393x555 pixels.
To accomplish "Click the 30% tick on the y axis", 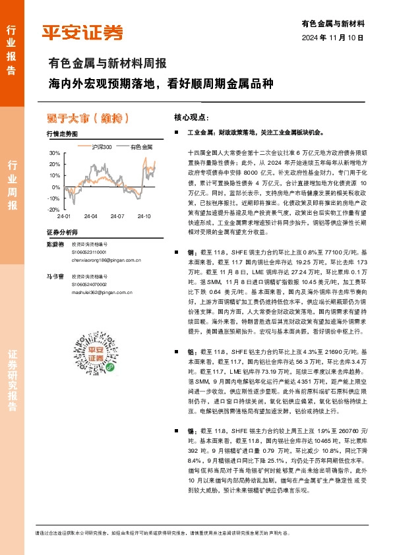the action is click(x=54, y=154).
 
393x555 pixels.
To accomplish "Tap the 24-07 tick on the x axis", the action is click(x=117, y=216).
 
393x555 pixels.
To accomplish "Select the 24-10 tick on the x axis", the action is click(x=144, y=216).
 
